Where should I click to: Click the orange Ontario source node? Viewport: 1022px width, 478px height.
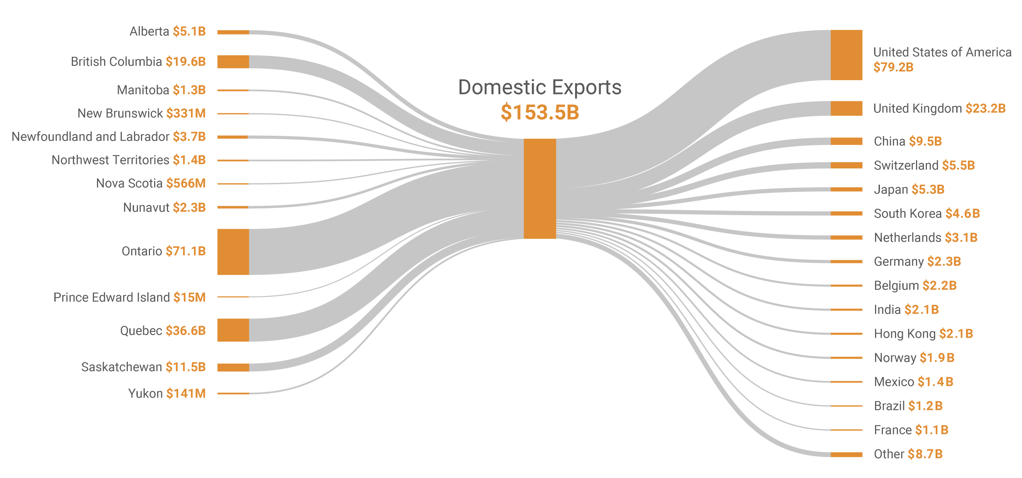[x=233, y=252]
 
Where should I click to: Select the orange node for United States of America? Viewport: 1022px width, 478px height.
[x=846, y=55]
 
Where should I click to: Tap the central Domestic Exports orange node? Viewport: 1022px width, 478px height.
[x=539, y=188]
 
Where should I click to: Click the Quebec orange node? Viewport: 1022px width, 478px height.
[x=233, y=330]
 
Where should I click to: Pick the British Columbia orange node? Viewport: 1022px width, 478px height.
[x=233, y=62]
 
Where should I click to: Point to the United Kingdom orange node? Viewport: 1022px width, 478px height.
[x=846, y=108]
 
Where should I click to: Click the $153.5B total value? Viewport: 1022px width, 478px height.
[x=539, y=112]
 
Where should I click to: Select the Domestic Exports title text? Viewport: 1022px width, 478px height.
[x=539, y=87]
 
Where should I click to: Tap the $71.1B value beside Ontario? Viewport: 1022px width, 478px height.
[x=186, y=251]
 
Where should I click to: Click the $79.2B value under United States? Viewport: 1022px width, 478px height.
[x=893, y=67]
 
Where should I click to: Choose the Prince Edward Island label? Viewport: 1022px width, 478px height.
[x=112, y=297]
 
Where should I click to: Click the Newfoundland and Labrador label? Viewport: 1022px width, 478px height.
[x=91, y=137]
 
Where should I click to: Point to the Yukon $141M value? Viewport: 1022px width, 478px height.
[x=186, y=393]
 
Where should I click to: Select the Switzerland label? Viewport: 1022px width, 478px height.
[x=906, y=165]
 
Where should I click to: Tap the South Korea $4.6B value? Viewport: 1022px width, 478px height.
[x=962, y=214]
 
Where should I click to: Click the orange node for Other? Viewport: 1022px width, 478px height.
[x=846, y=455]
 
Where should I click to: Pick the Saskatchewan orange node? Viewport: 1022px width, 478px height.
[x=233, y=367]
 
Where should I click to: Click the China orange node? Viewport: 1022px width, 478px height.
[x=846, y=141]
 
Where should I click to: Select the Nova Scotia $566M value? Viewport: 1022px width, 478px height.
[x=186, y=184]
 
